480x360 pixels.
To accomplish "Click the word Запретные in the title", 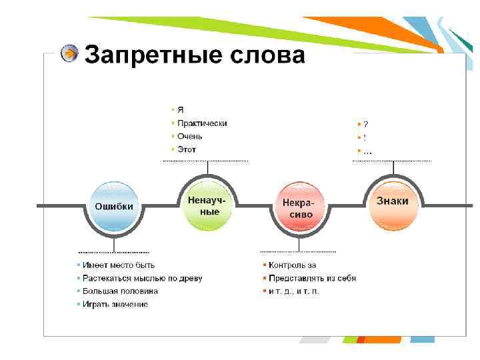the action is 147,55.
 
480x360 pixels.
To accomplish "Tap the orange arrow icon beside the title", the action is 69,54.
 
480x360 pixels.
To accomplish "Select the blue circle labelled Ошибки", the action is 114,207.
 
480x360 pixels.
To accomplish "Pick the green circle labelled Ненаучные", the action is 207,205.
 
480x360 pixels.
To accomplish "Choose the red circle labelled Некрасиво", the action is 297,207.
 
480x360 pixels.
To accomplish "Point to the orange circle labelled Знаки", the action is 393,201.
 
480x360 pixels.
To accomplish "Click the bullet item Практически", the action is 202,123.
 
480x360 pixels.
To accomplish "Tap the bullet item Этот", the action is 187,149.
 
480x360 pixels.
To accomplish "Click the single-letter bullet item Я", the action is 180,109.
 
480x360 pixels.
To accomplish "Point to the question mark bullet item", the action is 365,124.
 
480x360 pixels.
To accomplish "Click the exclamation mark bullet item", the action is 365,137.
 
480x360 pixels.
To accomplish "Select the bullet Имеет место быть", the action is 118,265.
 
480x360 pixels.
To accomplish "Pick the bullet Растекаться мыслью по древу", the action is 143,278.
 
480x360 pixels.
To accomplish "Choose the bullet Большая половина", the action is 121,291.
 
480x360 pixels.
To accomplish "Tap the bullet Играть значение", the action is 116,304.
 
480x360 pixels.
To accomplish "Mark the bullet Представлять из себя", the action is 312,278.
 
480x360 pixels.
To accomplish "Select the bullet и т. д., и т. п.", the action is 294,291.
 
